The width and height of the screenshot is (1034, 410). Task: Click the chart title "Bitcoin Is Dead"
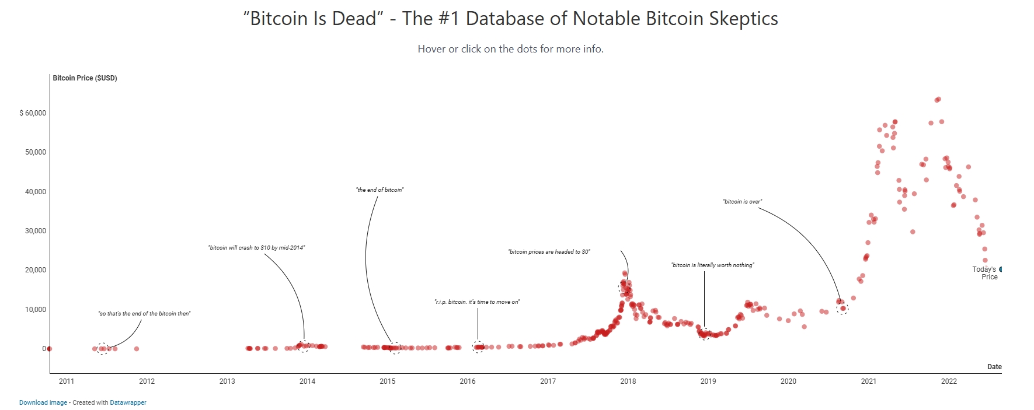(x=510, y=19)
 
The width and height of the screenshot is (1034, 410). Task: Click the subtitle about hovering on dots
(x=510, y=49)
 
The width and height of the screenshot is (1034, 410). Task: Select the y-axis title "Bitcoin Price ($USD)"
(x=85, y=78)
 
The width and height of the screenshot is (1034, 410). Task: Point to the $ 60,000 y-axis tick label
(x=33, y=113)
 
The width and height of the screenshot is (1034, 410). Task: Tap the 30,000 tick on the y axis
(x=35, y=231)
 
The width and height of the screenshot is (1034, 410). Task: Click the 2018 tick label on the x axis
(x=628, y=381)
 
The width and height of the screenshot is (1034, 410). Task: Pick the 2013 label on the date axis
(x=227, y=381)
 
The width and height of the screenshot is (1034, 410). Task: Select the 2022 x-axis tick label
(x=948, y=381)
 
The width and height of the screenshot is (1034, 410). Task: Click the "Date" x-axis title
(x=994, y=367)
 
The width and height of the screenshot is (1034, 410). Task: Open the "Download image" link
(x=43, y=402)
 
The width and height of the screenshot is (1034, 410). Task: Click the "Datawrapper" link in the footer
(x=128, y=402)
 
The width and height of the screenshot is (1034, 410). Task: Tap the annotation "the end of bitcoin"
(x=380, y=190)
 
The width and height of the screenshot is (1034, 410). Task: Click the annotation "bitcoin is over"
(x=742, y=202)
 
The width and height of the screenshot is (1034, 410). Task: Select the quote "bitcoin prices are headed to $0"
(x=549, y=252)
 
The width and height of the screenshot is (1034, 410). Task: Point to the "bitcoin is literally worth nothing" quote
(x=712, y=265)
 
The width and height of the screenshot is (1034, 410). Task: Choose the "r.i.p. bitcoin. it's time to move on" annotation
(x=477, y=302)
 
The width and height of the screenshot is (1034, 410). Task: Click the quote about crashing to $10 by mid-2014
(x=256, y=248)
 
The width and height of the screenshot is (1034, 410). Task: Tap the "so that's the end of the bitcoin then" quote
(x=144, y=314)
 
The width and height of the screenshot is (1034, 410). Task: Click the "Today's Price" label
(x=984, y=273)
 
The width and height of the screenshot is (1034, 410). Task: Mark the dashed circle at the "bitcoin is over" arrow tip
(x=842, y=309)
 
